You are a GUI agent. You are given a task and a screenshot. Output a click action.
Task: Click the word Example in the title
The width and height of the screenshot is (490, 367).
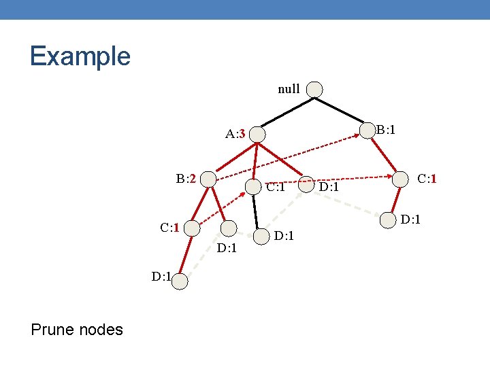click(80, 56)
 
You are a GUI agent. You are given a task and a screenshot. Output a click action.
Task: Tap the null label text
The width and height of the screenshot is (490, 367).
click(289, 89)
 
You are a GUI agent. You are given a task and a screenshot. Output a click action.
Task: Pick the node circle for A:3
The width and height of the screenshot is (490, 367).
click(257, 135)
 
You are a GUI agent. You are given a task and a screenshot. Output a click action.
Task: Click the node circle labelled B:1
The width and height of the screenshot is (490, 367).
click(367, 129)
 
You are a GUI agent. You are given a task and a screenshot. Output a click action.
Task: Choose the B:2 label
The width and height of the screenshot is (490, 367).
click(186, 179)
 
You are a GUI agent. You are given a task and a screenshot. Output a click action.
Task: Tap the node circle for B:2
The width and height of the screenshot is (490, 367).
click(208, 179)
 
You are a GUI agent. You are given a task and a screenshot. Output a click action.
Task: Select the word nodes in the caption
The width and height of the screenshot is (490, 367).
click(100, 330)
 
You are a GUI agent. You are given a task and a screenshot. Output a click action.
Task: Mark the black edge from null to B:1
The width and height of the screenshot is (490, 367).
click(340, 109)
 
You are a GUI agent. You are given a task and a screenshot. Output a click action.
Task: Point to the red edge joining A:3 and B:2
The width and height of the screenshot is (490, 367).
click(233, 156)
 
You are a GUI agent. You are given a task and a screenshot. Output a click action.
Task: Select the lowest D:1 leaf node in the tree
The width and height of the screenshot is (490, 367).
click(179, 281)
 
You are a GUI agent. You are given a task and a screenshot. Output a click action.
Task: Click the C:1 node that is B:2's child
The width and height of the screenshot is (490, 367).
click(193, 228)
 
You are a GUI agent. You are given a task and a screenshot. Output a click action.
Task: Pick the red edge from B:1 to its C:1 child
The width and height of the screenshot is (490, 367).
click(386, 156)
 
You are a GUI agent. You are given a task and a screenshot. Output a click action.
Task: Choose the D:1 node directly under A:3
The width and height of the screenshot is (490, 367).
click(261, 237)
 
